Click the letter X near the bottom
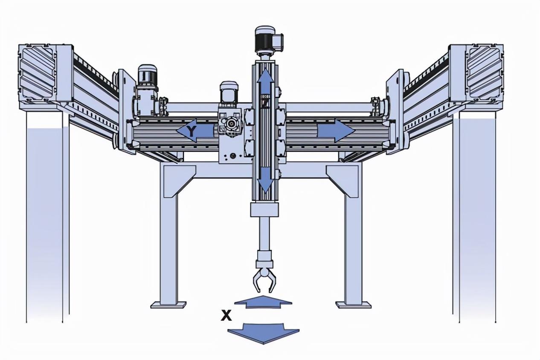pos(226,315)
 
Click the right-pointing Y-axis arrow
pos(336,131)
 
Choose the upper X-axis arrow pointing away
pos(263,302)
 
